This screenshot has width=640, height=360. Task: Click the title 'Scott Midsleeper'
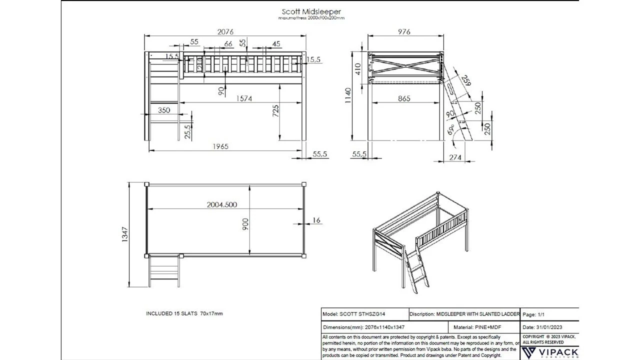pos(311,11)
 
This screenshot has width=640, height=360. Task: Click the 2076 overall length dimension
pos(225,31)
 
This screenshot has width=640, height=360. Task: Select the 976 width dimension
pos(404,31)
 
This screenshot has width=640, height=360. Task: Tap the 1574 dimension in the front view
pos(244,98)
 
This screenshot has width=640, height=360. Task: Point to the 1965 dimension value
pos(220,146)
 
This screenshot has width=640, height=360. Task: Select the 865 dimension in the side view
pos(404,98)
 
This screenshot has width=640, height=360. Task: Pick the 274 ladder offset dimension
pos(455,157)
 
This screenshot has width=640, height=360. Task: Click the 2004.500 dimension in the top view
pos(222,204)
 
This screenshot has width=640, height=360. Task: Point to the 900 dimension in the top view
pos(245,225)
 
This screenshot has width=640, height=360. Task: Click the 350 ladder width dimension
pos(164,110)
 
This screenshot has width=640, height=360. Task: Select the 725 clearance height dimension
pos(275,111)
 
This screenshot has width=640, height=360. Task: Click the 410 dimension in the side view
pos(357,68)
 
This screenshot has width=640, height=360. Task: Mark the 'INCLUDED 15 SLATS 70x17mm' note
pos(184,313)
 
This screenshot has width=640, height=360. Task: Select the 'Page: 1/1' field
pos(534,315)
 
